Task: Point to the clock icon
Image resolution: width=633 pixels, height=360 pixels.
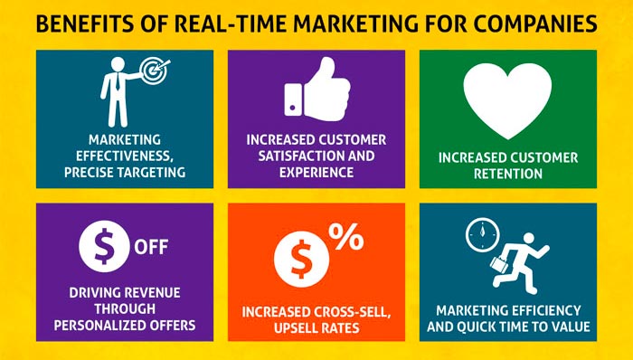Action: point(480,236)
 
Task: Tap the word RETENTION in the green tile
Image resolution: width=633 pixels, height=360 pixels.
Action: point(507,174)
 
